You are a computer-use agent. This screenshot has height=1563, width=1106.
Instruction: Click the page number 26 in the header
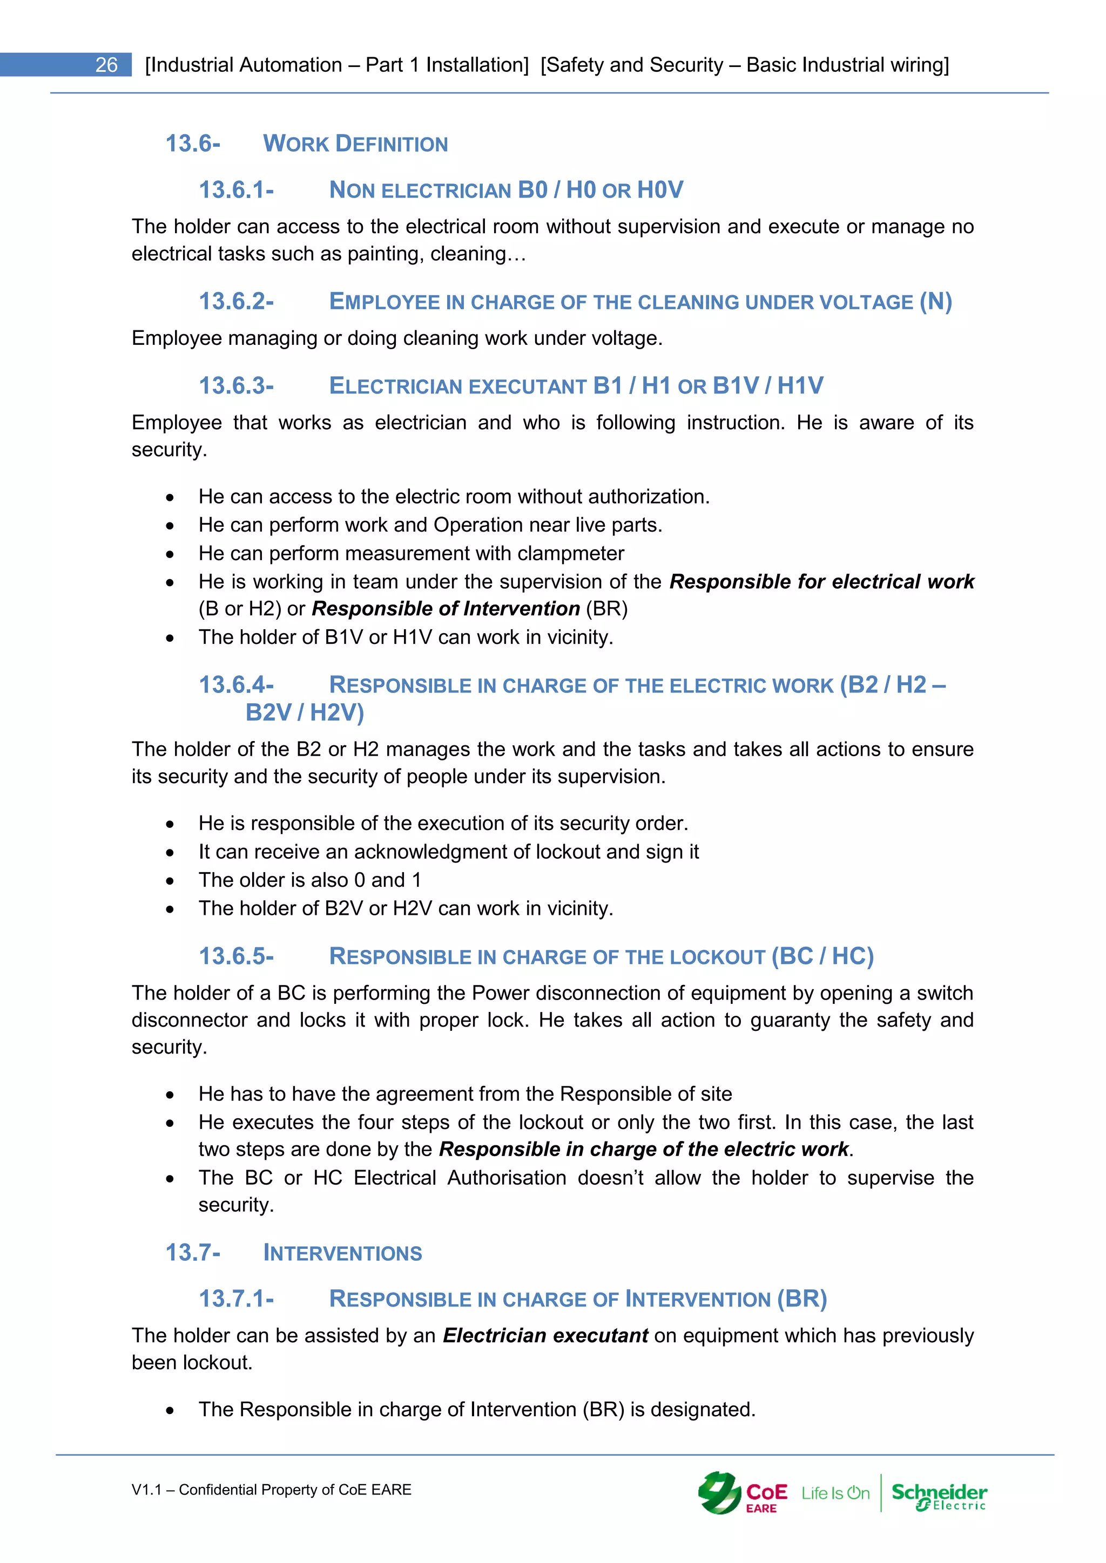click(106, 65)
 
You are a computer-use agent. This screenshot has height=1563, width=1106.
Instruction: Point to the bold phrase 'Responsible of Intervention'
click(446, 609)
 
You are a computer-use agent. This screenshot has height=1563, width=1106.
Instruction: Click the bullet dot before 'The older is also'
click(170, 881)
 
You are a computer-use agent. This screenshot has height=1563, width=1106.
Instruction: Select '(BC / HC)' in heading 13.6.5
click(822, 956)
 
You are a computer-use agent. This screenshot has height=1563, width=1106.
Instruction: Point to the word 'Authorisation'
click(507, 1178)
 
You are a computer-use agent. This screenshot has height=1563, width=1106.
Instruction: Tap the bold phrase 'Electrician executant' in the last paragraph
click(545, 1336)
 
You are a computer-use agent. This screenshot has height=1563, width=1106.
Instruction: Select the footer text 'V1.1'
click(146, 1490)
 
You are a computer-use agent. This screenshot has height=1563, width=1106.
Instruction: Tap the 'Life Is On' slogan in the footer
click(835, 1493)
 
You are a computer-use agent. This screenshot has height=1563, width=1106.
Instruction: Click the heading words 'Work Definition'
click(355, 144)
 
